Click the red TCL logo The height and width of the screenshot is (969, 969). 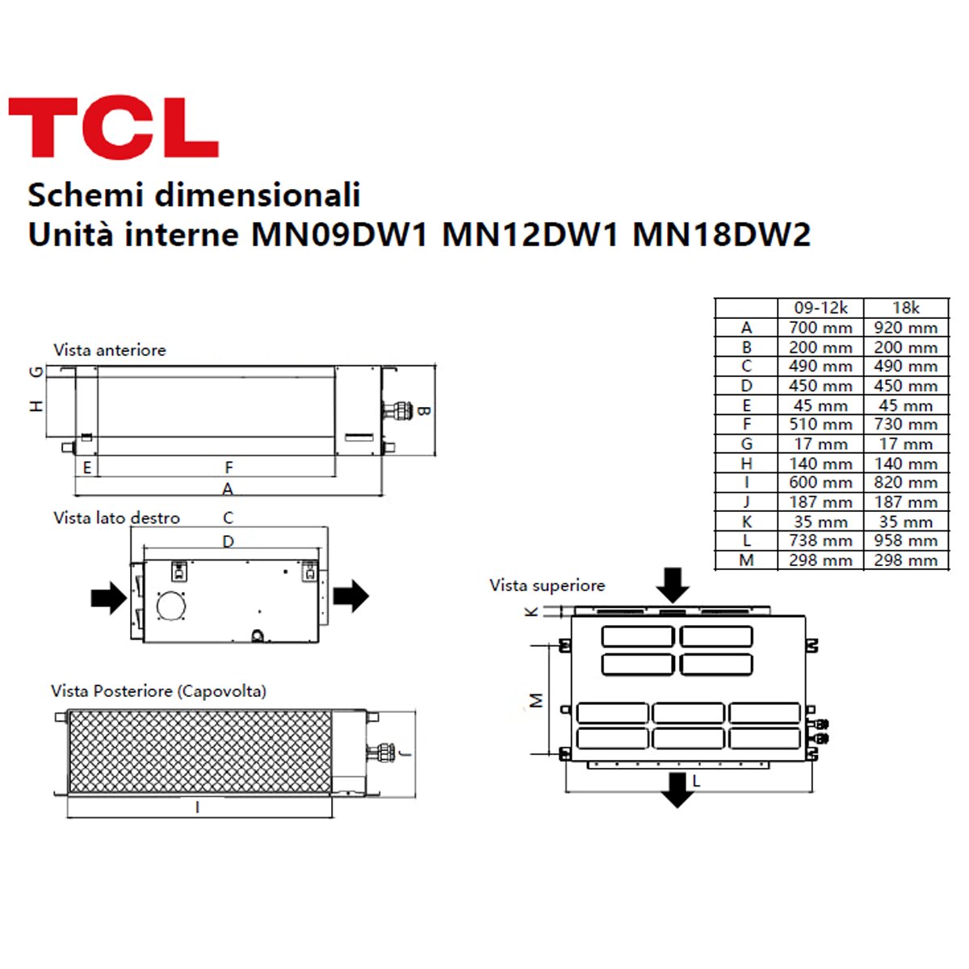pos(113,128)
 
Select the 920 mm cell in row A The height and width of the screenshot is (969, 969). pos(905,328)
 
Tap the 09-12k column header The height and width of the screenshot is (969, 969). pos(820,308)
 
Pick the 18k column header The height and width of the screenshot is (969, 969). pos(905,308)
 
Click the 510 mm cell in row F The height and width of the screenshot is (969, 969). pos(820,424)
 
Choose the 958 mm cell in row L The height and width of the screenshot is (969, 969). pos(905,540)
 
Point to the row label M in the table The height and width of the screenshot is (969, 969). pos(746,560)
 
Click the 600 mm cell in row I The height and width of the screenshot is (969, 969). pos(820,482)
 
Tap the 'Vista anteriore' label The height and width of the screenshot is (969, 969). pos(110,350)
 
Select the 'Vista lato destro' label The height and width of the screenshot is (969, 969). pos(116,518)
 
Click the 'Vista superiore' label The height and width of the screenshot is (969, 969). pos(547,585)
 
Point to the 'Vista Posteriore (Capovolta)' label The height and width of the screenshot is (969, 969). pos(158,691)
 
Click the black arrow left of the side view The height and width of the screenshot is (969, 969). pos(108,598)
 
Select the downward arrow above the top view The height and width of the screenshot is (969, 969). pos(672,584)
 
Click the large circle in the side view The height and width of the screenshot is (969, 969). pos(171,606)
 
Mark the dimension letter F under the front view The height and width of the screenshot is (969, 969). pos(229,468)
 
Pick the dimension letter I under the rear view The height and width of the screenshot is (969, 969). pos(198,807)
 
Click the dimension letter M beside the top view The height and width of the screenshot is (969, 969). pos(537,700)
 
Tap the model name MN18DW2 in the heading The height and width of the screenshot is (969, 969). pos(721,235)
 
